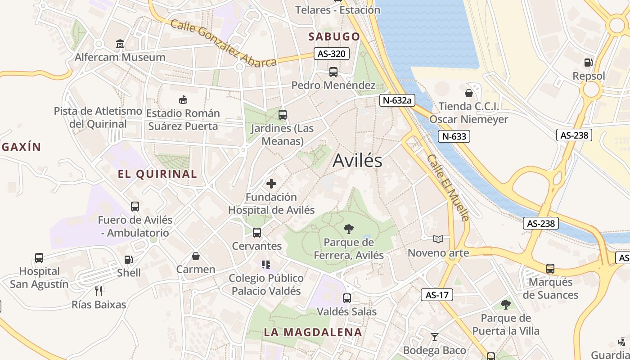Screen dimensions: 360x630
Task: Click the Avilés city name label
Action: (x=357, y=161)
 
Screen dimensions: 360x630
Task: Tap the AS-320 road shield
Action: (x=331, y=54)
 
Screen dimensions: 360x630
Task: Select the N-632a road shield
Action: (x=396, y=100)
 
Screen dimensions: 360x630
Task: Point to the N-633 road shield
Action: (x=454, y=136)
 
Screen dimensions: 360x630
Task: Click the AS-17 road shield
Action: (x=436, y=295)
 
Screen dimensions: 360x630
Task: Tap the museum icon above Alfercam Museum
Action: (x=120, y=44)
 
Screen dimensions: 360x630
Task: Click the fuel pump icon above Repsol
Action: (x=588, y=63)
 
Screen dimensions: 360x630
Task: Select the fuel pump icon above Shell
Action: (x=129, y=260)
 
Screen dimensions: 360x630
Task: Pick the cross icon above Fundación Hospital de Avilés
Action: (x=271, y=184)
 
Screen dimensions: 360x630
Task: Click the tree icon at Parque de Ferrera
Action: (x=348, y=229)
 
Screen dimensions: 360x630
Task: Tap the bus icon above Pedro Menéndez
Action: (x=333, y=72)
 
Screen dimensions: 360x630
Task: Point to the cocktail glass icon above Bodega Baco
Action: (x=434, y=337)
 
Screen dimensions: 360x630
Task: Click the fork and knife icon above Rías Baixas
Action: (x=99, y=291)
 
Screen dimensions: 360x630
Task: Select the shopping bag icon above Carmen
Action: (x=196, y=256)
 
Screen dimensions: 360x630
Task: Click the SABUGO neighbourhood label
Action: (x=334, y=36)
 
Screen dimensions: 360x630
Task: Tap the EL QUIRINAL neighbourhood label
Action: (x=157, y=174)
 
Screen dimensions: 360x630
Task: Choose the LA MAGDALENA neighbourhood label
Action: (x=312, y=333)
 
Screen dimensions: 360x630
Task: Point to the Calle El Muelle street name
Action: (x=448, y=188)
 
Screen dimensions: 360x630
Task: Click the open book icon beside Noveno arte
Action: (x=438, y=239)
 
